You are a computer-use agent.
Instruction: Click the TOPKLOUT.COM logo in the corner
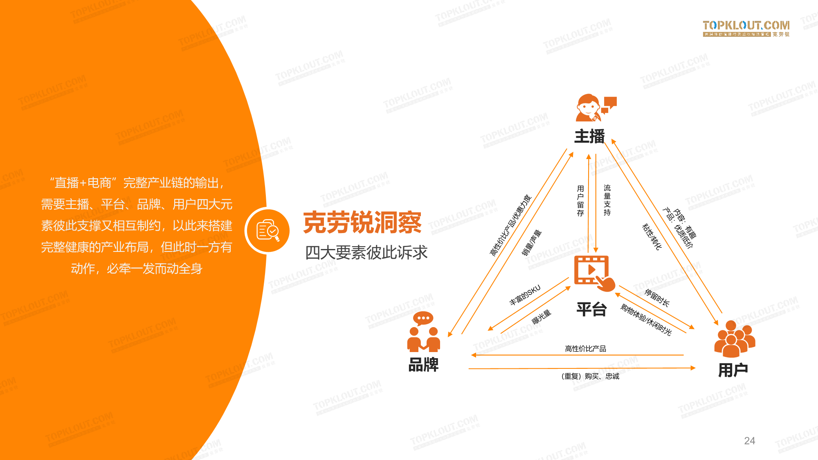pos(746,28)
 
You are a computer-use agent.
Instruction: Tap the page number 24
pos(749,440)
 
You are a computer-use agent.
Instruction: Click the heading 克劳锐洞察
pos(362,223)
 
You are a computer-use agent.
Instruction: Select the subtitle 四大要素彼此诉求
pos(366,252)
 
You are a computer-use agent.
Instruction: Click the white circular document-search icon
pos(268,231)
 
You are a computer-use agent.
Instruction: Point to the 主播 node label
pos(589,136)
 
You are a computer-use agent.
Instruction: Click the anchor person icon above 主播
pos(595,108)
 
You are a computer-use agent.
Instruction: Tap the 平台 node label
pos(591,309)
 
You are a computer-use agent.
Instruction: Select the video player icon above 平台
pos(593,272)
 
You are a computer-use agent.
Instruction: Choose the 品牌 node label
pos(423,364)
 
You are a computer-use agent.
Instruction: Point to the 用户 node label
pos(733,370)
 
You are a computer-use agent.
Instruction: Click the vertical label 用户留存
pos(580,200)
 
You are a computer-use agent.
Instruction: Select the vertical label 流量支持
pos(607,200)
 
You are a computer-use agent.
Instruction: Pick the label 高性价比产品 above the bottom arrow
pos(585,348)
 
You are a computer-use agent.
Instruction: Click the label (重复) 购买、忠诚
pos(590,376)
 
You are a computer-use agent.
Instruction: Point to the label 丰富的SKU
pos(525,295)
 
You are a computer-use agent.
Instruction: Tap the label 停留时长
pos(657,298)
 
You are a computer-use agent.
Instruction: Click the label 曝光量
pos(542,317)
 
